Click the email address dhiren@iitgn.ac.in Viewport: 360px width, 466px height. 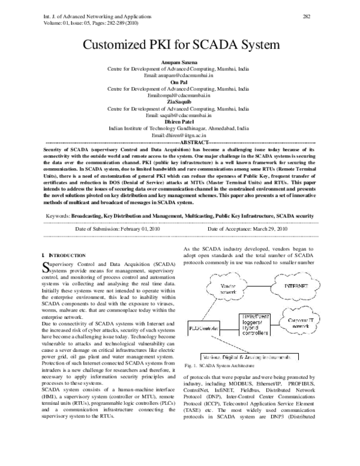tap(179, 135)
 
